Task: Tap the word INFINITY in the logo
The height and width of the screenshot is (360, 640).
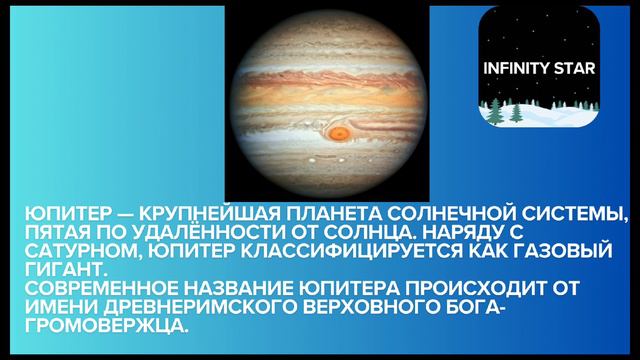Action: [516, 71]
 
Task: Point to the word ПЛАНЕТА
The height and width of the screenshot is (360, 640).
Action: [304, 213]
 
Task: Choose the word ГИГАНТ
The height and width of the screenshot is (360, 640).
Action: [63, 266]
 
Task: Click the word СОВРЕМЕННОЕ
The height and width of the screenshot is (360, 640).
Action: [97, 283]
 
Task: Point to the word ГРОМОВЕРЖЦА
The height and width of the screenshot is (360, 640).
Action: [106, 319]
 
